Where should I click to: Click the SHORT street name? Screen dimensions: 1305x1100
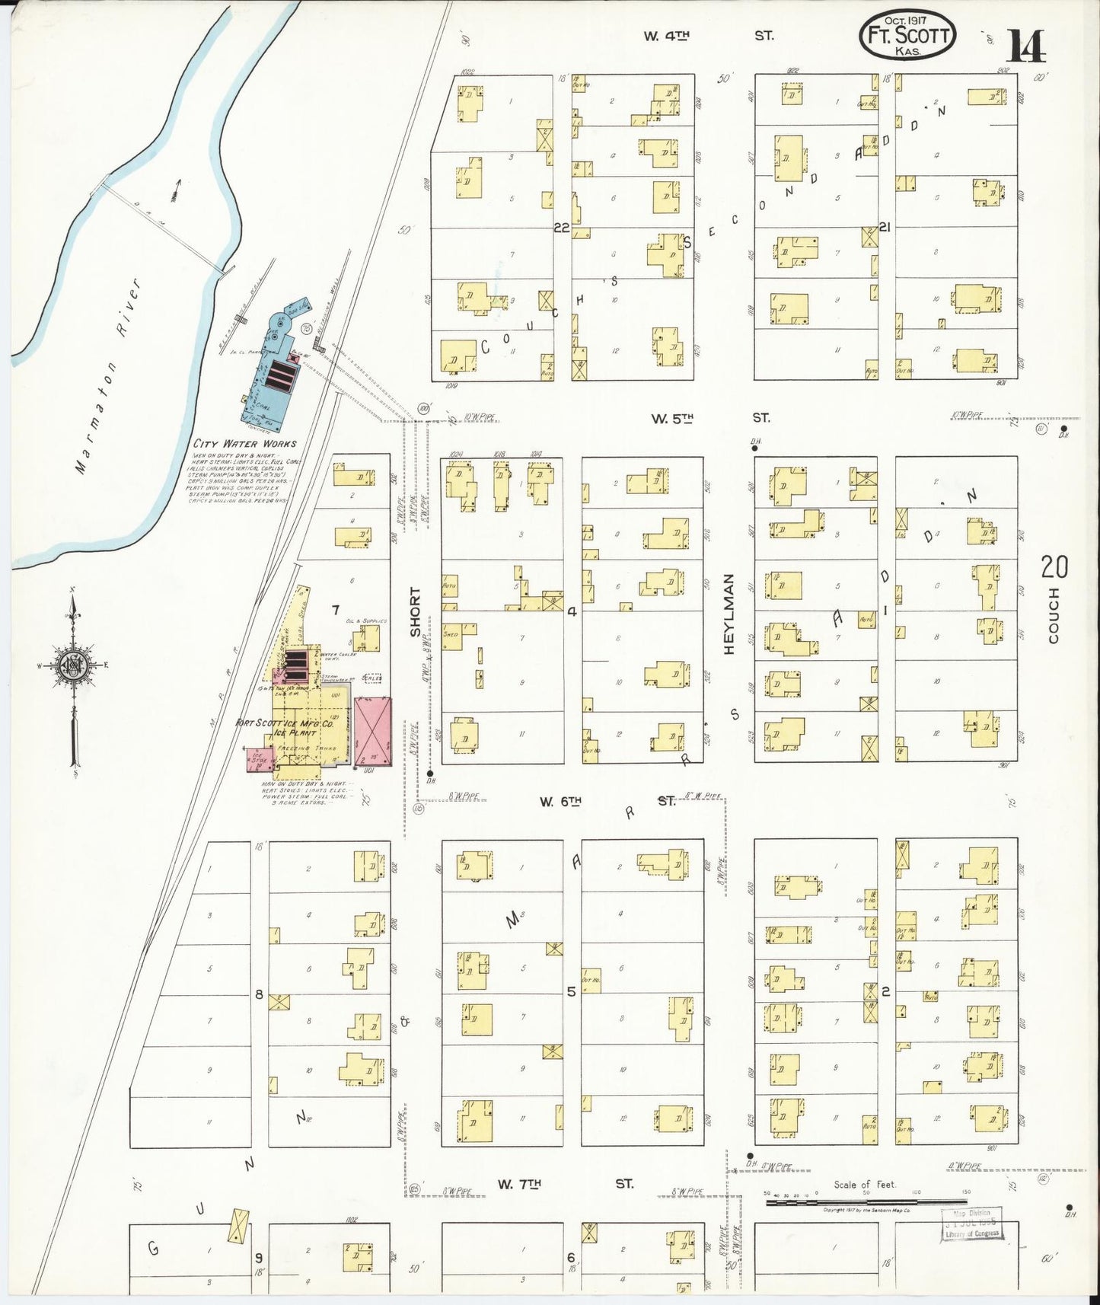tap(415, 612)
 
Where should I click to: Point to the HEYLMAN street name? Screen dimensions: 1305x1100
tap(729, 614)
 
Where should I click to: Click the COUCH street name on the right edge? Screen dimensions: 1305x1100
tap(1054, 615)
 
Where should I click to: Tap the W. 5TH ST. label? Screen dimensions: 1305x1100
tap(709, 418)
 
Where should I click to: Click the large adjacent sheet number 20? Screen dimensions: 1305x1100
tap(1054, 566)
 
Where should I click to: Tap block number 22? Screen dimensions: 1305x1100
tap(562, 228)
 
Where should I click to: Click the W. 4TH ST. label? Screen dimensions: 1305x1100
tap(708, 36)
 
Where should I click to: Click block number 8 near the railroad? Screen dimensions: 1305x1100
tap(260, 994)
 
